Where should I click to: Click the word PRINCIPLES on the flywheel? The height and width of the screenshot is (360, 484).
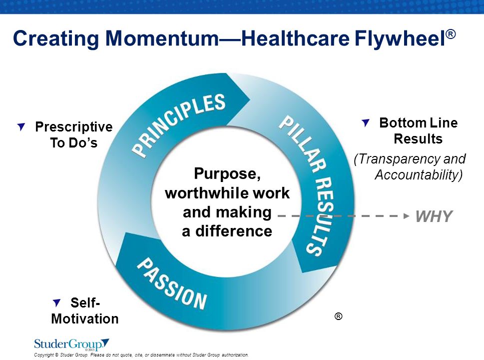pyautogui.click(x=178, y=125)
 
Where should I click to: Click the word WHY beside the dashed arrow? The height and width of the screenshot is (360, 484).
pyautogui.click(x=434, y=216)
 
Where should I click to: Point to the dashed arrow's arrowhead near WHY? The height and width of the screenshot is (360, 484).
pyautogui.click(x=407, y=216)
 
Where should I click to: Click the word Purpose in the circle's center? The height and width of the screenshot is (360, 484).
pyautogui.click(x=226, y=174)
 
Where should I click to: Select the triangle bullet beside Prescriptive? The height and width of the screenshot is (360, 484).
pyautogui.click(x=21, y=126)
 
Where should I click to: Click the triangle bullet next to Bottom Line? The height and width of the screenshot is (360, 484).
pyautogui.click(x=366, y=122)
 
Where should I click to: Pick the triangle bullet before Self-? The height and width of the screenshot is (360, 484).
pyautogui.click(x=57, y=302)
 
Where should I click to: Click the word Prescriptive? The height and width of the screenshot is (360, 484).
pyautogui.click(x=74, y=127)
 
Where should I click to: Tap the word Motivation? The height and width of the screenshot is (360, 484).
pyautogui.click(x=85, y=318)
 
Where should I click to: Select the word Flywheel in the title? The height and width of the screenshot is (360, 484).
pyautogui.click(x=400, y=39)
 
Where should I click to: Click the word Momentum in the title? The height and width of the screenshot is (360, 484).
pyautogui.click(x=162, y=38)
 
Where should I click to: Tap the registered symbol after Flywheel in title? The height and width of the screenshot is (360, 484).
pyautogui.click(x=451, y=33)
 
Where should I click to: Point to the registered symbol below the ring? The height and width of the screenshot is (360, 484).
pyautogui.click(x=338, y=316)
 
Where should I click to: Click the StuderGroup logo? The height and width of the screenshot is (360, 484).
pyautogui.click(x=71, y=344)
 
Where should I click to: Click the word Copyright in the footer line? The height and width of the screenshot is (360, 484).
pyautogui.click(x=44, y=355)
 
